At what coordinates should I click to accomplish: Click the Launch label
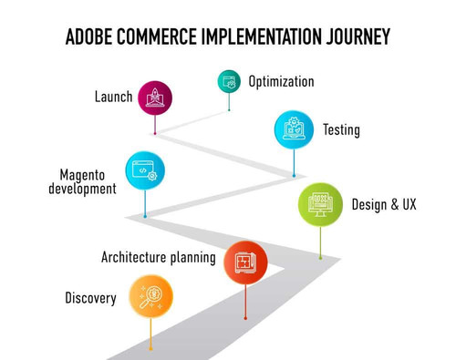point(114,97)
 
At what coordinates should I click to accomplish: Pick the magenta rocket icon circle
point(155,98)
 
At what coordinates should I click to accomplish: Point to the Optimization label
point(281,82)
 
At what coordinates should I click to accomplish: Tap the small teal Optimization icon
point(228,81)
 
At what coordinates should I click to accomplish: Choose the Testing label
point(341,130)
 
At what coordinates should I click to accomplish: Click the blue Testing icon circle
point(294,129)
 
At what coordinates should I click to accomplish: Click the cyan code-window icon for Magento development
point(145,170)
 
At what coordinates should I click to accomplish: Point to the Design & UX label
point(384,205)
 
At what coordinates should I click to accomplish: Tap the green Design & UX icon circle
point(321,204)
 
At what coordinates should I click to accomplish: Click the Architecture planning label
point(159,258)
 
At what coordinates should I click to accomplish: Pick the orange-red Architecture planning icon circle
point(245,262)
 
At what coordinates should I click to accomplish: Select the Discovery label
point(90,298)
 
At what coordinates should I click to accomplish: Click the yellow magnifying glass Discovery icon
point(150,297)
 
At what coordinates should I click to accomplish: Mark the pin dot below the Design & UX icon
point(320,257)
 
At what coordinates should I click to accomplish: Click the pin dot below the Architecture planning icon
point(245,317)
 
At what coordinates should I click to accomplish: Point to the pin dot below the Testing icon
point(294,175)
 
